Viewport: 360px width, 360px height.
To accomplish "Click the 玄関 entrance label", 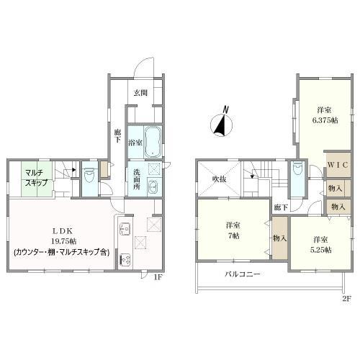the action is [140, 93].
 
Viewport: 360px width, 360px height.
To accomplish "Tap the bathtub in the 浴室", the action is [153, 142].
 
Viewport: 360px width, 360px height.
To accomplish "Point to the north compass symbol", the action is [221, 125].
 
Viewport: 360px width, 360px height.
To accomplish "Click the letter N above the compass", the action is [225, 109].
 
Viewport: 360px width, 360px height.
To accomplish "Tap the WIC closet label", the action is [338, 165].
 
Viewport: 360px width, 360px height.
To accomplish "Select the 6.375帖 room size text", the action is [325, 120].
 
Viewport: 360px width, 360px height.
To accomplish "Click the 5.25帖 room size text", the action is [320, 250].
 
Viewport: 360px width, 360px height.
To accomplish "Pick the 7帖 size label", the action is [233, 236].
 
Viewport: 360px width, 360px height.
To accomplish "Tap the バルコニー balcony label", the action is [243, 274].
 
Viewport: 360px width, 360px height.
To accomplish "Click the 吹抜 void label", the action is [220, 179].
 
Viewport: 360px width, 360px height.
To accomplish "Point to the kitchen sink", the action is [125, 229].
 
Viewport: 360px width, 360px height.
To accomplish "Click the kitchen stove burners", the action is [125, 260].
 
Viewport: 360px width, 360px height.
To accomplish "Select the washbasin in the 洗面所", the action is [153, 186].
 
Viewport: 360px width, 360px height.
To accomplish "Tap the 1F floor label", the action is [158, 277].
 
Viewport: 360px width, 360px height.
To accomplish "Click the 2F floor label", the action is [346, 299].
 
